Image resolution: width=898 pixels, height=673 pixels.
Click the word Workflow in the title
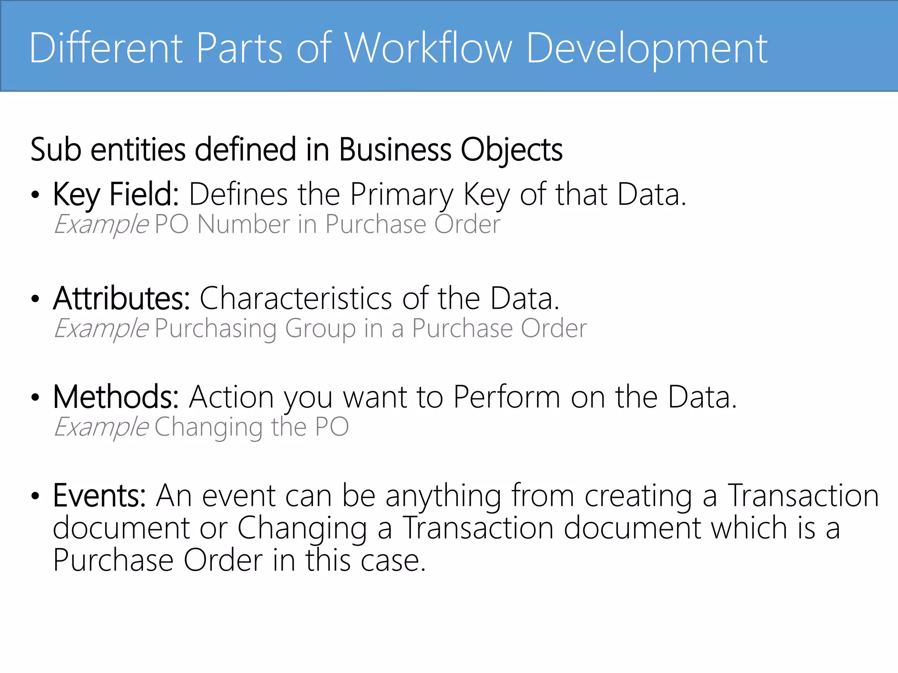[x=428, y=48]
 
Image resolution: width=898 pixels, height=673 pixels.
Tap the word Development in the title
[x=646, y=49]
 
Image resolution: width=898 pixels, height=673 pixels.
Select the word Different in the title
[x=106, y=48]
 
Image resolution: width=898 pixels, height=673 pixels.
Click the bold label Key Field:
[x=116, y=194]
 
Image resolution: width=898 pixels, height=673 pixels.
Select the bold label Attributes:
[x=121, y=298]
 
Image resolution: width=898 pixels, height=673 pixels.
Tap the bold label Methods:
[x=116, y=397]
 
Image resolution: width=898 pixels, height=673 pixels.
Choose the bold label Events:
[x=100, y=496]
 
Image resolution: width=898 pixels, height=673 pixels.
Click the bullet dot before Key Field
[x=36, y=195]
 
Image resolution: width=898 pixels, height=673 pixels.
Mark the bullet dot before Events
[x=36, y=496]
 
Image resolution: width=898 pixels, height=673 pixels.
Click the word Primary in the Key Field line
[x=401, y=195]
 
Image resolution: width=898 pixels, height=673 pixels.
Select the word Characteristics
[x=296, y=298]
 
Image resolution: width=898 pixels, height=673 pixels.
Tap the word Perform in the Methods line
[x=506, y=397]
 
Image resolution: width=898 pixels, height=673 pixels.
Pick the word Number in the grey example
[x=243, y=225]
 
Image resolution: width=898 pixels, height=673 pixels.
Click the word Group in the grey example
[x=320, y=329]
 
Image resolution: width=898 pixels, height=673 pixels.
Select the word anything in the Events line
[x=443, y=496]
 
